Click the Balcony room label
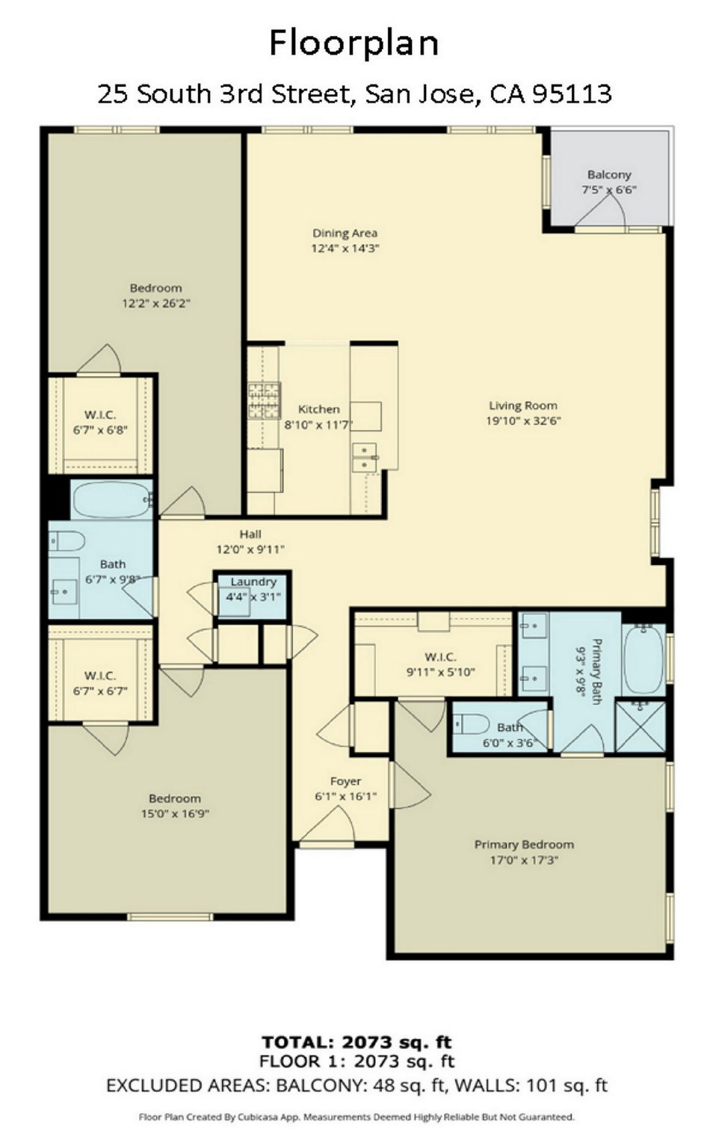(x=609, y=175)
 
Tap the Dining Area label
(x=345, y=233)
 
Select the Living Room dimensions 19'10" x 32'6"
(x=524, y=421)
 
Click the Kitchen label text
(x=318, y=409)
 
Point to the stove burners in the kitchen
(x=265, y=401)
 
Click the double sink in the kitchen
(x=364, y=457)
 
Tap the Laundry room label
(x=253, y=581)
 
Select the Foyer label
(x=346, y=781)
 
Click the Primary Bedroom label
(x=524, y=844)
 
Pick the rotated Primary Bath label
(x=596, y=672)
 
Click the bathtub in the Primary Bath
(x=643, y=659)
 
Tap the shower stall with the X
(x=640, y=727)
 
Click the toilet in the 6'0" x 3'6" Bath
(x=472, y=724)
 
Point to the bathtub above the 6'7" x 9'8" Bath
(x=111, y=499)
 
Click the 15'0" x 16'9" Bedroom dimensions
(x=175, y=813)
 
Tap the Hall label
(x=250, y=534)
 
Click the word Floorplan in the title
(x=354, y=43)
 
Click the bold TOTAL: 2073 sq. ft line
(x=357, y=1042)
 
